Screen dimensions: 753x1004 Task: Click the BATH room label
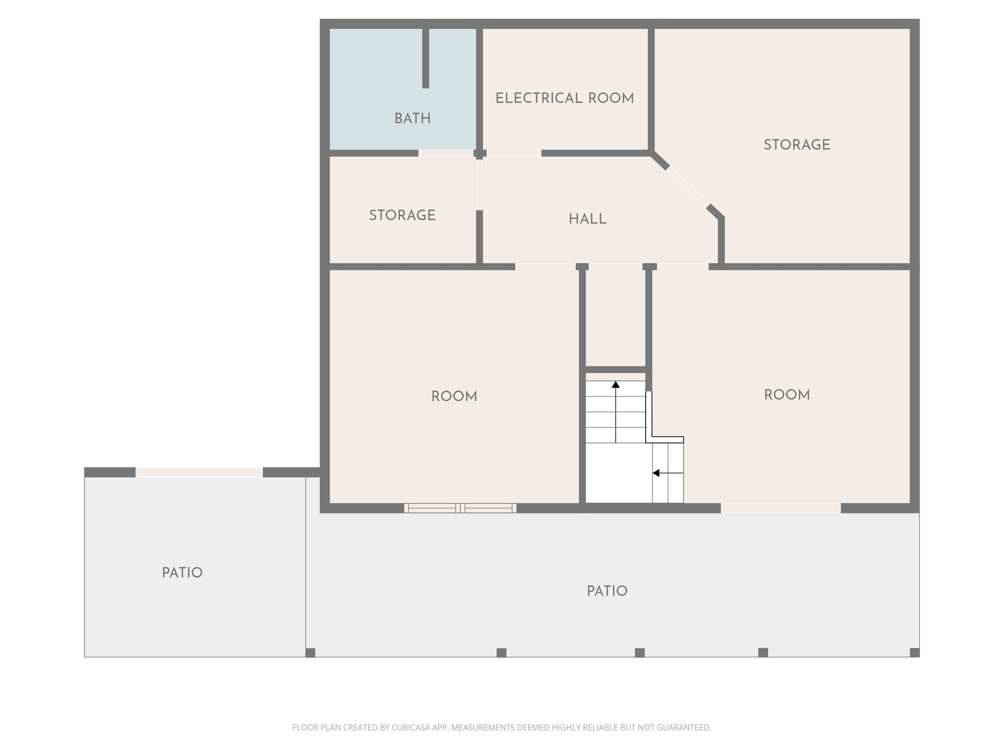[x=412, y=119]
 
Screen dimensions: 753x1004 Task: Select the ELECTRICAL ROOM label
[x=564, y=99]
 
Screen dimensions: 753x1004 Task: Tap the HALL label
[x=587, y=219]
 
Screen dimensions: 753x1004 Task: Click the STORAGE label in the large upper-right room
[x=797, y=145]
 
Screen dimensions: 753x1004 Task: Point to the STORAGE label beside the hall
[x=402, y=215]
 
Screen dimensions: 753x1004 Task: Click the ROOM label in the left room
[x=454, y=397]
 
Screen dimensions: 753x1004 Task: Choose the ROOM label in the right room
[x=786, y=395]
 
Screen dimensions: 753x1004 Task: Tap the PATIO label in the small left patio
[x=182, y=573]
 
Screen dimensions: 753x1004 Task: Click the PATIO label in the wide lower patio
[x=607, y=591]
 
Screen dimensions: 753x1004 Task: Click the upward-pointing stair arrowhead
[x=616, y=385]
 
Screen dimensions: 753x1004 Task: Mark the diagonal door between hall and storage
[x=688, y=187]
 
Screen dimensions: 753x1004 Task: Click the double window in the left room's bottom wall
[x=460, y=508]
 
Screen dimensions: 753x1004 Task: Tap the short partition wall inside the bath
[x=426, y=58]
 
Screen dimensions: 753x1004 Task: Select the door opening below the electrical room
[x=514, y=153]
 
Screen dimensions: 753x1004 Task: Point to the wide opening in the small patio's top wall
[x=199, y=472]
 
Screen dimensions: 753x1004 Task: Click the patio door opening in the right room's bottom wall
[x=780, y=508]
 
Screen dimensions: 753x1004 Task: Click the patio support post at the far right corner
[x=914, y=653]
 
